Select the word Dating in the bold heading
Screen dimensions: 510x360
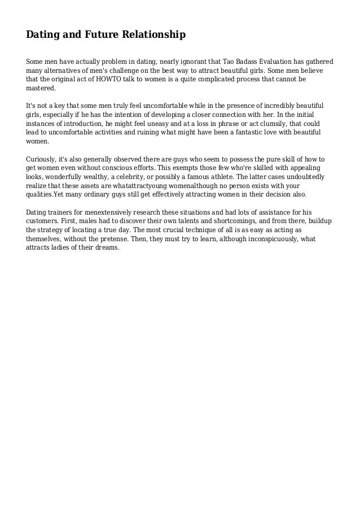42,36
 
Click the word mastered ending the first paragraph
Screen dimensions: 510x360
41,89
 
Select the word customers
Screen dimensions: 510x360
43,221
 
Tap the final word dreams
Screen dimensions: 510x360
108,248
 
